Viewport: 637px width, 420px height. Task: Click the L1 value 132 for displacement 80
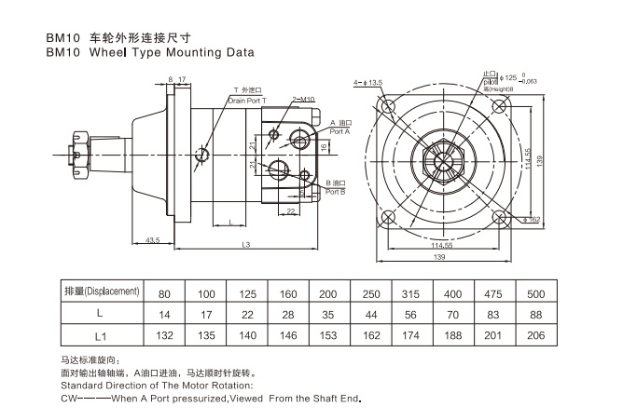164,332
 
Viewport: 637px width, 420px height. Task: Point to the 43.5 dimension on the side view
154,241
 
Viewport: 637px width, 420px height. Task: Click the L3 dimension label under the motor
244,245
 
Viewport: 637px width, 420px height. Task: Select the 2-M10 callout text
303,99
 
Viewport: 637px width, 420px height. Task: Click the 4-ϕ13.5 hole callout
368,83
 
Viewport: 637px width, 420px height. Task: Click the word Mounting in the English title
176,53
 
